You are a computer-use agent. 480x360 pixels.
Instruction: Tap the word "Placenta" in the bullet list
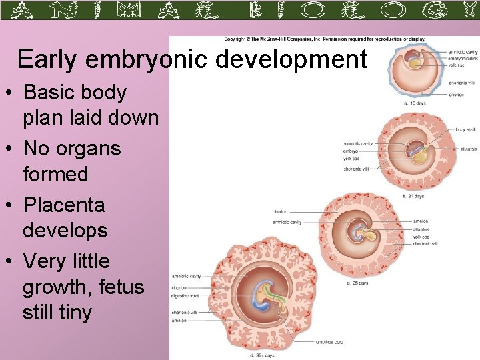[63, 205]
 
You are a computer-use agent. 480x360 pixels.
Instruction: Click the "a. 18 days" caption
[415, 103]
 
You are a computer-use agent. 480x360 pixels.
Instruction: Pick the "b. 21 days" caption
[413, 196]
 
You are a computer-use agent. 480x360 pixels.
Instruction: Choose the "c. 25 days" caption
[357, 283]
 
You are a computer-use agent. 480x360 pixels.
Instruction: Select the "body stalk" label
[466, 130]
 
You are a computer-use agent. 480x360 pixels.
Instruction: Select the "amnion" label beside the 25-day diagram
[421, 221]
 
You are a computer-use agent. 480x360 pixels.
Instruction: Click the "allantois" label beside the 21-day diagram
[468, 149]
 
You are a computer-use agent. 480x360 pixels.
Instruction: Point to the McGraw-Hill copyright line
[325, 39]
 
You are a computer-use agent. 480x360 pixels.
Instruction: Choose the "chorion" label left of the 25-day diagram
[280, 212]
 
